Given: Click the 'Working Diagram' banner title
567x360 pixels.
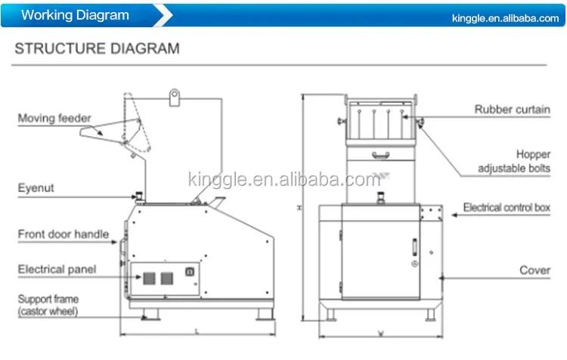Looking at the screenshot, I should click(x=75, y=15).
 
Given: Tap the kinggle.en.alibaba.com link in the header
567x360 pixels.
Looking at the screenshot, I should click(x=503, y=18).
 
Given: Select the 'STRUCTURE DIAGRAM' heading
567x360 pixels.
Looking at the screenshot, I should click(x=98, y=49).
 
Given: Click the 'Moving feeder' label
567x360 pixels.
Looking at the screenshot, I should click(x=54, y=118).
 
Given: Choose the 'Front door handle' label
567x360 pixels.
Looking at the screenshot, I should click(x=63, y=234).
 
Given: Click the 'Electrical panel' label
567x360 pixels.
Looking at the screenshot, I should click(x=59, y=268).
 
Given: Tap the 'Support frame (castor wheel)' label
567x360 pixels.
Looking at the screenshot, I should click(x=48, y=304).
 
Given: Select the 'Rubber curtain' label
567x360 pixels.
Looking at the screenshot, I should click(x=512, y=109).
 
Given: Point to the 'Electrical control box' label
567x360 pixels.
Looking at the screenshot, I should click(x=506, y=207).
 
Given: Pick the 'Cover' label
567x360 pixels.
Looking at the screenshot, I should click(x=534, y=270).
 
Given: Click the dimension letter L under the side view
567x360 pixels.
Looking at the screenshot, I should click(x=196, y=331).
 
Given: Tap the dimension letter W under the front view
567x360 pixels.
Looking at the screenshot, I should click(x=380, y=332).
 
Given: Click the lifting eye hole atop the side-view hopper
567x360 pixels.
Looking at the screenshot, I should click(x=175, y=96).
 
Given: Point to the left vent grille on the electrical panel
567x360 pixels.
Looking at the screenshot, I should click(x=148, y=278).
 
